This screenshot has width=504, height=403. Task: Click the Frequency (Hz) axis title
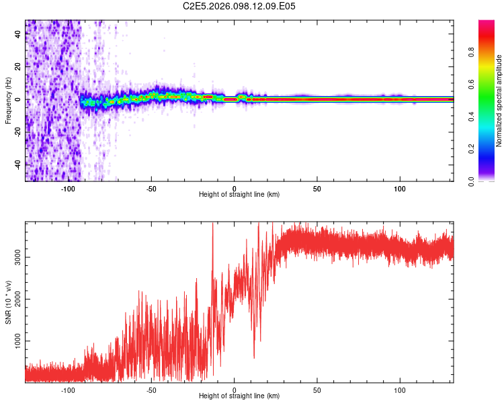coord(8,101)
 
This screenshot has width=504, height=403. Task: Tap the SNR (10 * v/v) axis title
coord(8,302)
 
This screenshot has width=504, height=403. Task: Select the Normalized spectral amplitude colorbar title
coord(499,101)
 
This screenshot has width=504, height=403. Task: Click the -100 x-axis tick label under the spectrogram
coord(68,189)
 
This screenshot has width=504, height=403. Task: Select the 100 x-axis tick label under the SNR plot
coord(401,390)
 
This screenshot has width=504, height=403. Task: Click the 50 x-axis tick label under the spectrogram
coord(317,189)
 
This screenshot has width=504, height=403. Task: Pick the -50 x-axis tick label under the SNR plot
coord(151,390)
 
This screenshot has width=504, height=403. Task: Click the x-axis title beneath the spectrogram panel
coord(239,195)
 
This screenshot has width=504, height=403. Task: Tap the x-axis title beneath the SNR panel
coord(239,396)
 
